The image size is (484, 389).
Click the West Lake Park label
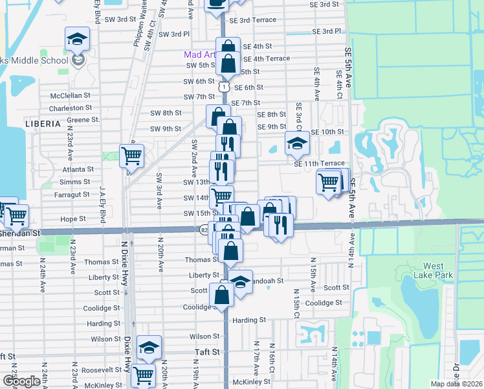(x=438, y=270)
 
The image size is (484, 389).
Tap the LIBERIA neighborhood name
(x=43, y=123)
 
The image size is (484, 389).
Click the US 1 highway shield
(x=223, y=86)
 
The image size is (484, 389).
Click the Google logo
(x=21, y=381)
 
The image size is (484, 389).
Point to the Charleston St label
(x=71, y=108)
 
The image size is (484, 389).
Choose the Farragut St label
(x=71, y=194)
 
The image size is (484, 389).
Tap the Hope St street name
(x=73, y=219)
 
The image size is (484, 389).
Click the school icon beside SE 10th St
(x=297, y=144)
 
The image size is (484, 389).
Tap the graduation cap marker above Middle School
(x=77, y=40)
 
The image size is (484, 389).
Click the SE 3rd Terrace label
(x=257, y=20)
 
